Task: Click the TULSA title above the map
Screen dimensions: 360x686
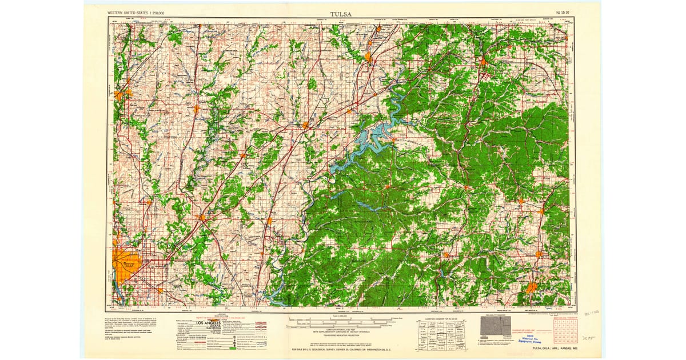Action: [341, 14]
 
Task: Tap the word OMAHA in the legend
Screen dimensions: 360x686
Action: [214, 328]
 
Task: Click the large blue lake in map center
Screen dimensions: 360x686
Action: [374, 137]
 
